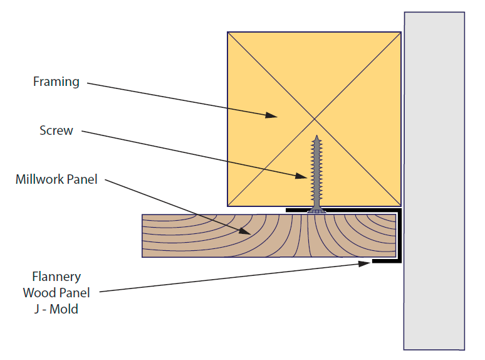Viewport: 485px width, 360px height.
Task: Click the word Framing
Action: [56, 82]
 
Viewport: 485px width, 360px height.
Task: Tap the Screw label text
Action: [56, 130]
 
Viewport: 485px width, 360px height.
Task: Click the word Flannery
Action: [56, 277]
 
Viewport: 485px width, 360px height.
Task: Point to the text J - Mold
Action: [56, 309]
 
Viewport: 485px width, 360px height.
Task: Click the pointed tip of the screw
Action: [316, 135]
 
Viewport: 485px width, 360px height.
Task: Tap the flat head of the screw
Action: [316, 211]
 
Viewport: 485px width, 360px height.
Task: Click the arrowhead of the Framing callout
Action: [271, 115]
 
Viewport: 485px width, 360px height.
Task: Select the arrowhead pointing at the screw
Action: [301, 176]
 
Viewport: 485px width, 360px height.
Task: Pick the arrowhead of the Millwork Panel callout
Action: [245, 231]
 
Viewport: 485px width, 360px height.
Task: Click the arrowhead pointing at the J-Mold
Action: [364, 264]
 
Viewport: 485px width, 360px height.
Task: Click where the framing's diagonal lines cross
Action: [315, 119]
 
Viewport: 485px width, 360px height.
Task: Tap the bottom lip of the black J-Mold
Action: [387, 262]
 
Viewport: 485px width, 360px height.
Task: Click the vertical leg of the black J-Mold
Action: [399, 236]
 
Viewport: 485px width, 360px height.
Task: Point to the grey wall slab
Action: [434, 181]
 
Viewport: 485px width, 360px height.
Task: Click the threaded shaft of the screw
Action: [316, 173]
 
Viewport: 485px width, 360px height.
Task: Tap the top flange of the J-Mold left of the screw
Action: [296, 210]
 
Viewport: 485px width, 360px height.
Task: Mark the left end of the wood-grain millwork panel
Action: [143, 236]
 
